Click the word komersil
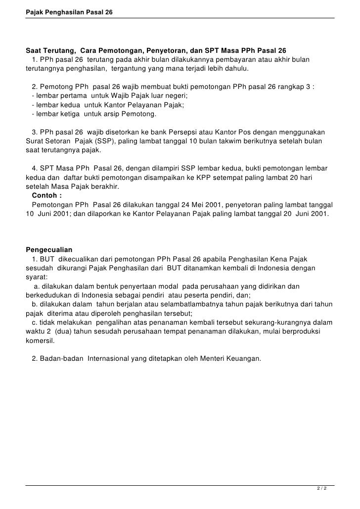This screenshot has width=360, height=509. (x=41, y=341)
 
